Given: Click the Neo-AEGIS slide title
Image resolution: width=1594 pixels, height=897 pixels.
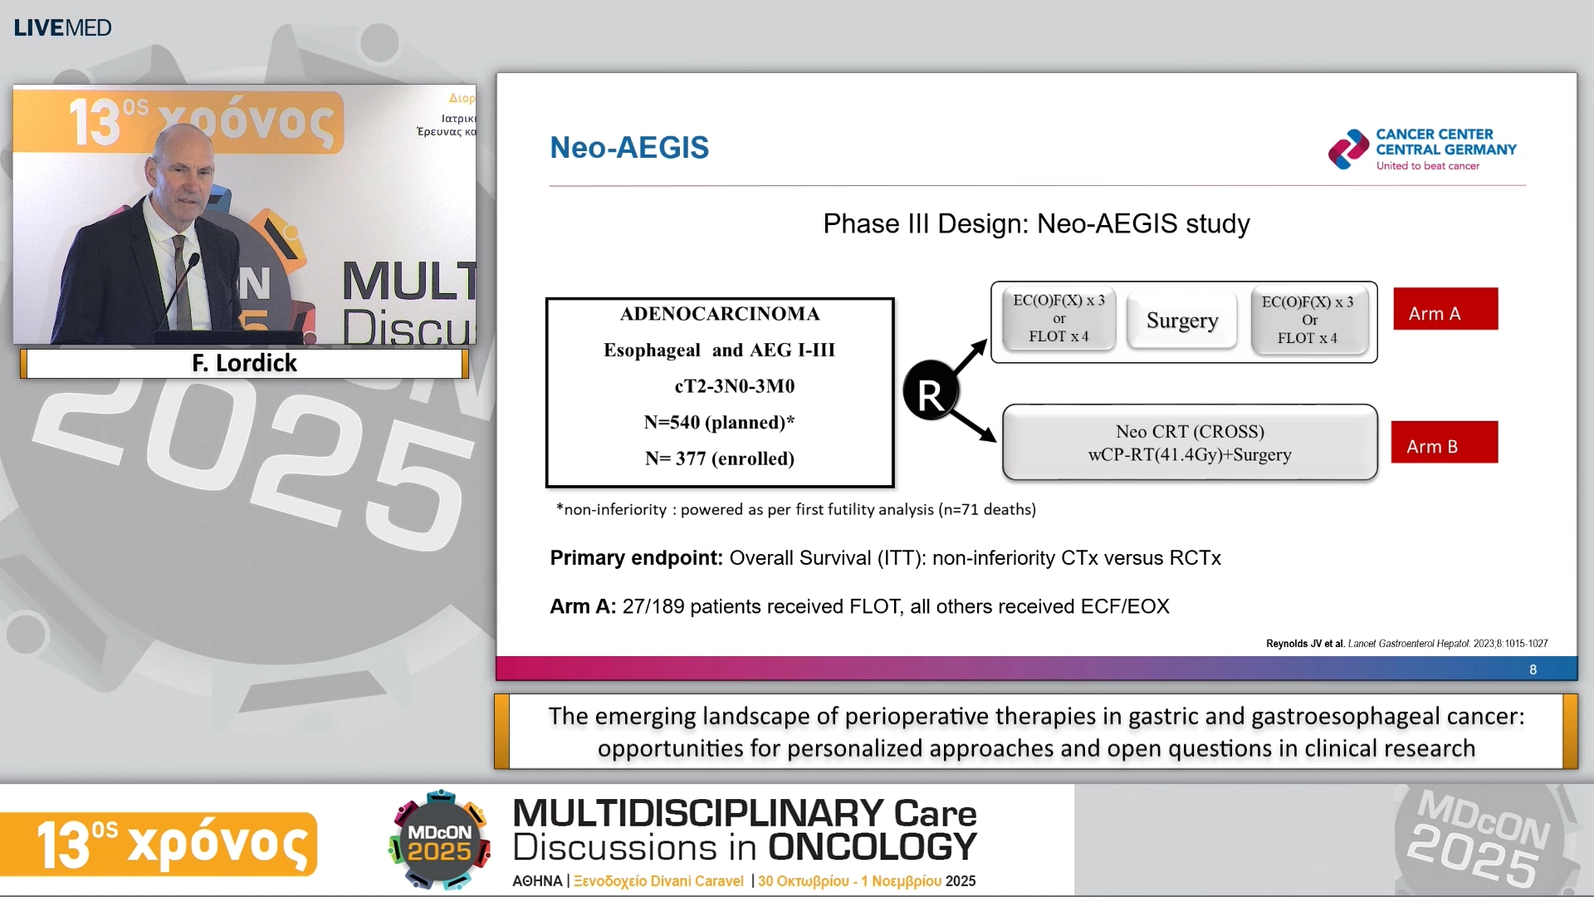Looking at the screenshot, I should click(x=629, y=148).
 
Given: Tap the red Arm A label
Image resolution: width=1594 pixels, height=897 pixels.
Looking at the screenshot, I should click(x=1445, y=309).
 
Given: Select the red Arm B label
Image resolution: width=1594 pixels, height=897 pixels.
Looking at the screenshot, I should click(x=1444, y=442).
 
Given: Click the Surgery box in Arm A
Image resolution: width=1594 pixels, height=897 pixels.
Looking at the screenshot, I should click(x=1182, y=321).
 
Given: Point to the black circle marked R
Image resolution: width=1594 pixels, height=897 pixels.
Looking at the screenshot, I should click(x=930, y=391).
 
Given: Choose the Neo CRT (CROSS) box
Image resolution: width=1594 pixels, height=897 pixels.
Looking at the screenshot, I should click(x=1190, y=443).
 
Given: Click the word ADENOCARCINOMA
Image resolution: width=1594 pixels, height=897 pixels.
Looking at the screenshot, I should click(x=720, y=314).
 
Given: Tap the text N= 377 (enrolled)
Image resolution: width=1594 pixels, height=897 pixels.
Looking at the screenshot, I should click(x=720, y=458).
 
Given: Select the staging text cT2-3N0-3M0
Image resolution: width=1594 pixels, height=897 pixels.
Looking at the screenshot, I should click(x=734, y=386).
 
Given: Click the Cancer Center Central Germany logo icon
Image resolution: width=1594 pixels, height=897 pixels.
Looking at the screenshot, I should click(x=1348, y=149).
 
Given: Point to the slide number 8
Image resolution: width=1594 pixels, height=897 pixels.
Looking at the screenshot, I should click(x=1533, y=669).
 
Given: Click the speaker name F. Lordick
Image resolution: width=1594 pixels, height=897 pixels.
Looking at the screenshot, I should click(x=244, y=363).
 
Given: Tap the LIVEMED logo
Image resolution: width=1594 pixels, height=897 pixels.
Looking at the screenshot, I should click(x=62, y=27).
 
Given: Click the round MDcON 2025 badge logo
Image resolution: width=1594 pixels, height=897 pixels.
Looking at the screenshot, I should click(x=439, y=841).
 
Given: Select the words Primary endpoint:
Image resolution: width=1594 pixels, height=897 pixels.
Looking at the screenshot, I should click(x=636, y=558).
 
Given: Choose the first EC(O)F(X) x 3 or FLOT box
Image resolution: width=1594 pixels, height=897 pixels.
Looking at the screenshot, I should click(x=1059, y=319).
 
